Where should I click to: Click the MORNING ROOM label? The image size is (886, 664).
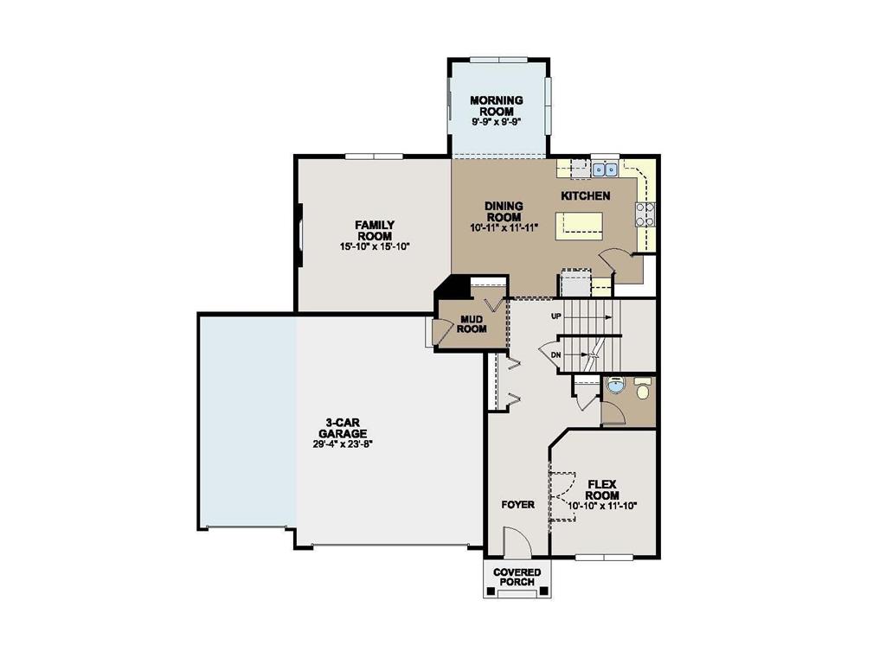(497, 106)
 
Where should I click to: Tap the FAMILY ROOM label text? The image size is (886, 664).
(375, 231)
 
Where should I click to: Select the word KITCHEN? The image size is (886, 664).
(586, 196)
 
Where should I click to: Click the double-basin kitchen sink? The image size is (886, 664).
(605, 169)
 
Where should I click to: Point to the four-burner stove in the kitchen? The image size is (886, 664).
(645, 214)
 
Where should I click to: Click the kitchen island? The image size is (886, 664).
(583, 227)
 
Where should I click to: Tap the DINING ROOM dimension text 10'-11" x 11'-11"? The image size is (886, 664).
(504, 228)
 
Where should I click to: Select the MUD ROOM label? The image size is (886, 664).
(472, 323)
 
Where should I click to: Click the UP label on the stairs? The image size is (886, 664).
(558, 316)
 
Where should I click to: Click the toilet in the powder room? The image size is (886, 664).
(643, 390)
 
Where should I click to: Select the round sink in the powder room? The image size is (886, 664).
(614, 386)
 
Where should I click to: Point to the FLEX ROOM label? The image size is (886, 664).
(602, 490)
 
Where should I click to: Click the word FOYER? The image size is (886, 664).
(518, 505)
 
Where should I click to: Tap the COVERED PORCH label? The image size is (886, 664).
(517, 577)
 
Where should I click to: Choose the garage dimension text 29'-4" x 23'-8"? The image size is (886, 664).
(343, 444)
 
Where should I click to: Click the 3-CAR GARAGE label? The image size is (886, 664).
(343, 428)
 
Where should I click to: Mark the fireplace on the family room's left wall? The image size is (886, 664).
(299, 234)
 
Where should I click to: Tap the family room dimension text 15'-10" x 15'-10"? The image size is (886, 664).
(375, 246)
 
